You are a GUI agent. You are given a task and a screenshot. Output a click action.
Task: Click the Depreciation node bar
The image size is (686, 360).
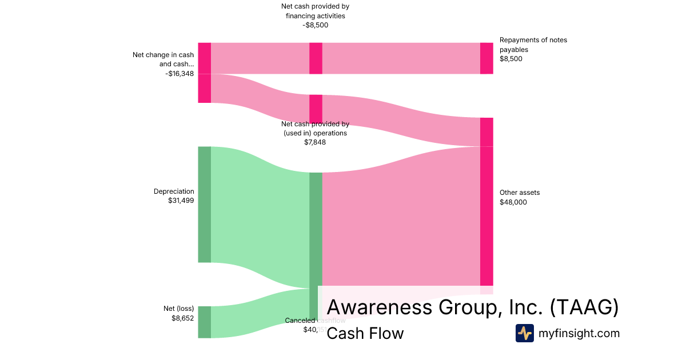pyautogui.click(x=204, y=204)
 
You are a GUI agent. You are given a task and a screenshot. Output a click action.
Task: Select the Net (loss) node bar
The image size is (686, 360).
pyautogui.click(x=204, y=322)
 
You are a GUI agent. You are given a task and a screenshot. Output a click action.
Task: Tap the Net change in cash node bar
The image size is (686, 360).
pyautogui.click(x=204, y=73)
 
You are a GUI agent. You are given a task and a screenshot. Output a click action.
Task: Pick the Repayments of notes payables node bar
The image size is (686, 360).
pyautogui.click(x=486, y=58)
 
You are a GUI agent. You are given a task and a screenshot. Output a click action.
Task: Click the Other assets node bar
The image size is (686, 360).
pyautogui.click(x=486, y=215)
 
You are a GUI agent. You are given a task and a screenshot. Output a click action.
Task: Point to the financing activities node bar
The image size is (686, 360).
pyautogui.click(x=316, y=58)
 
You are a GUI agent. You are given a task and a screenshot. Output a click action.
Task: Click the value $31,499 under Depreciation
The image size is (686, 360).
pyautogui.click(x=181, y=201)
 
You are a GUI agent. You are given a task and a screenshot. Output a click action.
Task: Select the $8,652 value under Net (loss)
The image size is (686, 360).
pyautogui.click(x=183, y=318)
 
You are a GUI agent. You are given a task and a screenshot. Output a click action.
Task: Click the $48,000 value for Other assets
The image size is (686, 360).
pyautogui.click(x=513, y=202)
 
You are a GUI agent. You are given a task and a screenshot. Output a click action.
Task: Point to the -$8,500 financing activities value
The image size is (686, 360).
pyautogui.click(x=316, y=25)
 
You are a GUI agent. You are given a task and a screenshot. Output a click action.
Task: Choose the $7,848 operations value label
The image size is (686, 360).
pyautogui.click(x=315, y=142)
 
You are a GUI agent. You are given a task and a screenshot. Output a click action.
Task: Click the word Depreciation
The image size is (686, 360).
pyautogui.click(x=174, y=191)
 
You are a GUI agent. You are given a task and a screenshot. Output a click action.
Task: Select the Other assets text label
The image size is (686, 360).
pyautogui.click(x=520, y=193)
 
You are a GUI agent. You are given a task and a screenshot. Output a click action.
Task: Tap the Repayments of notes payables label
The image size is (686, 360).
pyautogui.click(x=533, y=45)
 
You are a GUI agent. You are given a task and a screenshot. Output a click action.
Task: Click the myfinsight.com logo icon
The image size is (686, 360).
pyautogui.click(x=525, y=333)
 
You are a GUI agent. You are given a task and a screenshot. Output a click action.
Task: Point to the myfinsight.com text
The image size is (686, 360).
pyautogui.click(x=579, y=333)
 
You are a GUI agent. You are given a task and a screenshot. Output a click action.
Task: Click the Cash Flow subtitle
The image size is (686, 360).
pyautogui.click(x=365, y=333)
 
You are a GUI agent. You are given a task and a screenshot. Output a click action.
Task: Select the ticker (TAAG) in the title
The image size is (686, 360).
pyautogui.click(x=584, y=307)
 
